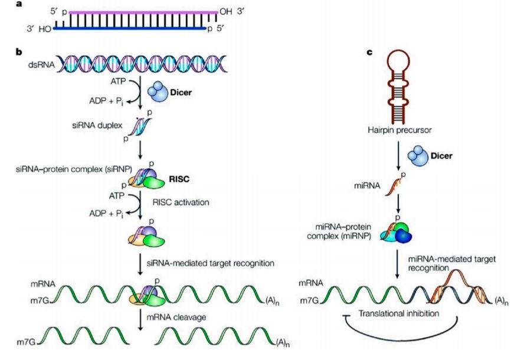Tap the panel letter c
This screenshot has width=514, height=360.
point(369,52)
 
